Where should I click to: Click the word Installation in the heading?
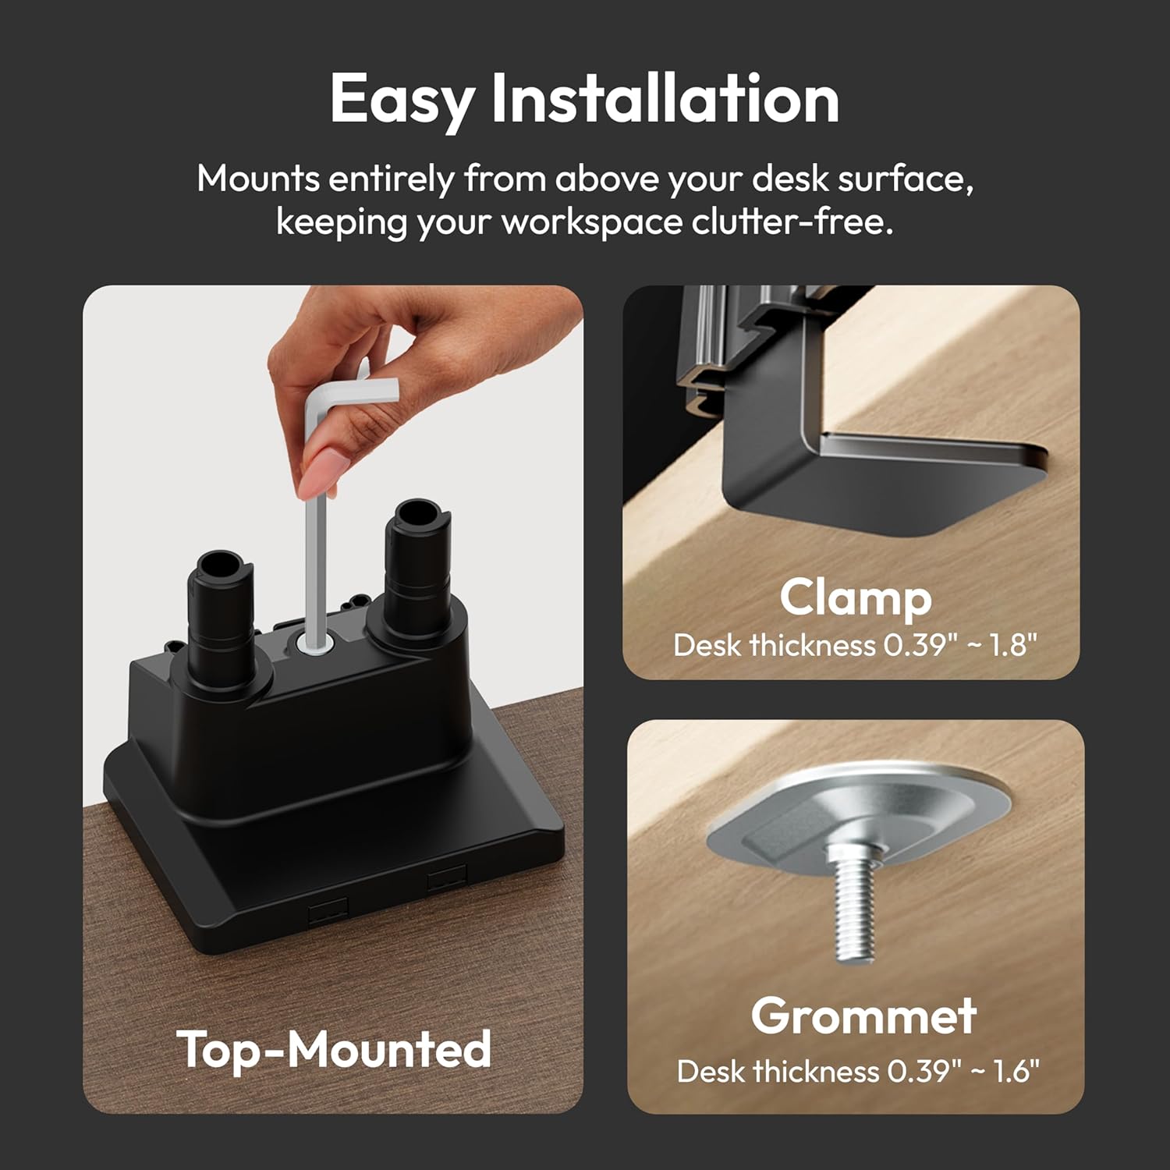665,99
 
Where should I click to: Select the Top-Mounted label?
334,1050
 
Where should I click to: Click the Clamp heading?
856,599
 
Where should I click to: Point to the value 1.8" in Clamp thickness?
1013,645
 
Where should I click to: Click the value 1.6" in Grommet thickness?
1016,1071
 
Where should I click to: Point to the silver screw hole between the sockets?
316,644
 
